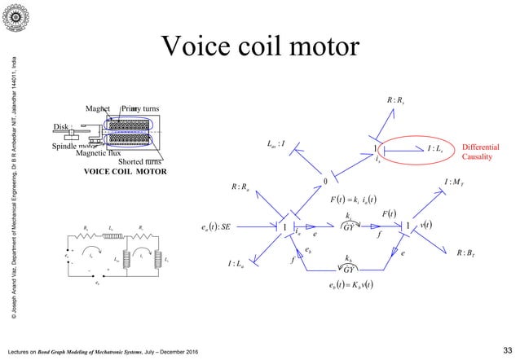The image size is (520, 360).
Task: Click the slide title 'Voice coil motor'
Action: click(260, 46)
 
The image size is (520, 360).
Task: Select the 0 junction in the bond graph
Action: click(324, 181)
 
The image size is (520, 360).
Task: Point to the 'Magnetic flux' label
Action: click(97, 152)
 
